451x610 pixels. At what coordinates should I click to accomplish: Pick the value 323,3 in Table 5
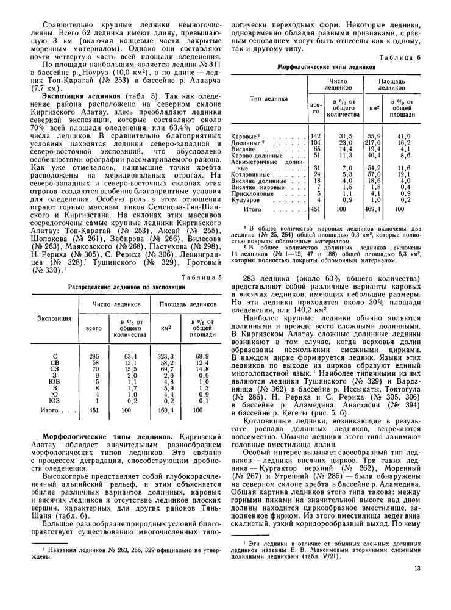[x=166, y=356]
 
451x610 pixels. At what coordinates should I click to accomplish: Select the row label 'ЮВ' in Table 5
[x=55, y=381]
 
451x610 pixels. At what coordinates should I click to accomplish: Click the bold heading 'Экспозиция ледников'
[x=76, y=96]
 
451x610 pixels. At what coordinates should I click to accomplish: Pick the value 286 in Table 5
[x=94, y=356]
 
